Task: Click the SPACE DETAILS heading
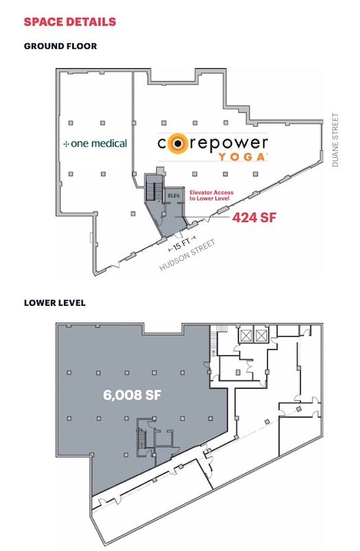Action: pyautogui.click(x=70, y=22)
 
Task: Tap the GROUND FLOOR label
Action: pyautogui.click(x=61, y=46)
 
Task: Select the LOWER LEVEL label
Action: pyautogui.click(x=55, y=302)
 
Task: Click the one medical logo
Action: pyautogui.click(x=95, y=143)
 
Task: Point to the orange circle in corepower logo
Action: pyautogui.click(x=176, y=143)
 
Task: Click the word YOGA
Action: pyautogui.click(x=242, y=157)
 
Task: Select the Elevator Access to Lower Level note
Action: pyautogui.click(x=211, y=196)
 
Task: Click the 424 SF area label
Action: pyautogui.click(x=254, y=218)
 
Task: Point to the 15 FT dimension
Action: pyautogui.click(x=182, y=242)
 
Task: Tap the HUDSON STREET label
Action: pyautogui.click(x=187, y=256)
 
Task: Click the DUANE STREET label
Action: pyautogui.click(x=335, y=140)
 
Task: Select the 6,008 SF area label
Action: pyautogui.click(x=132, y=395)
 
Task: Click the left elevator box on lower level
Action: pyautogui.click(x=246, y=335)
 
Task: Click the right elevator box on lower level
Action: pyautogui.click(x=262, y=335)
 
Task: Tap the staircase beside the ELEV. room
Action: pyautogui.click(x=153, y=191)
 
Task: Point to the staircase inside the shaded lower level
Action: pyautogui.click(x=142, y=439)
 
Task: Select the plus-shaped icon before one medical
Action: pyautogui.click(x=66, y=144)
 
